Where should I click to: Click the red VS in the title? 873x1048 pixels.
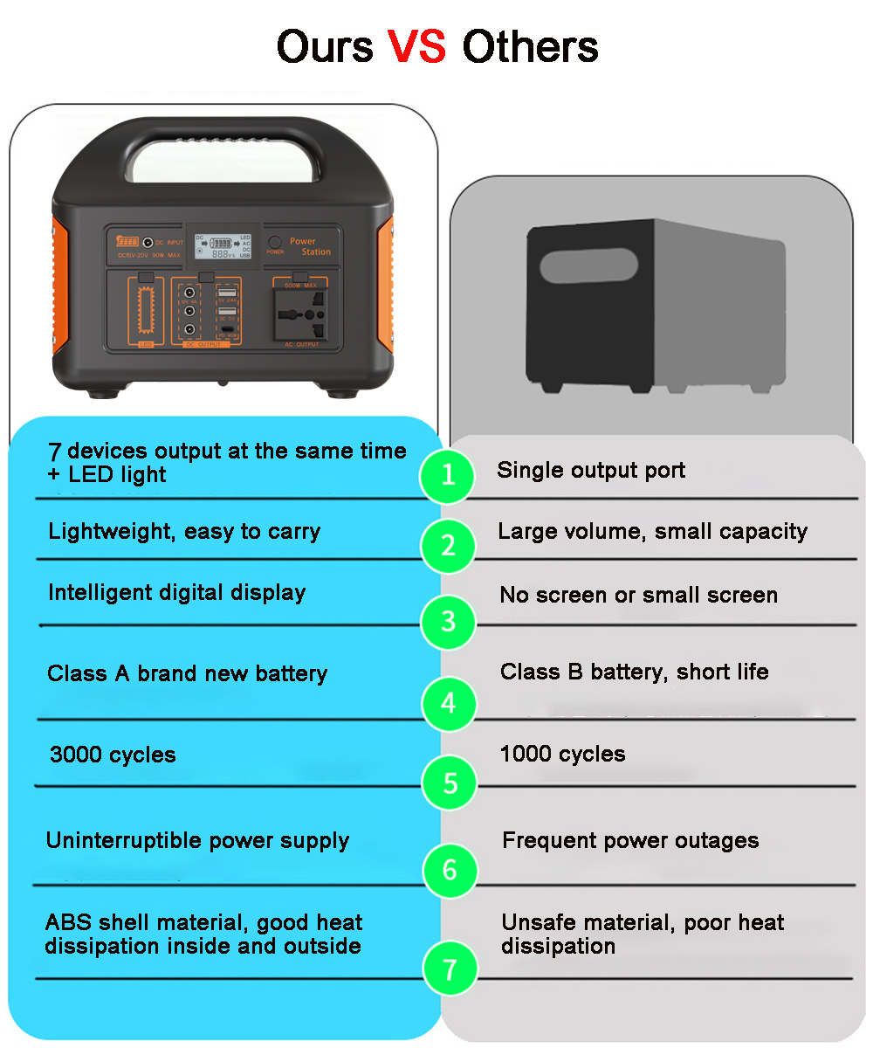click(x=416, y=45)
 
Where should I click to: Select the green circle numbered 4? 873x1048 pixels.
click(x=449, y=703)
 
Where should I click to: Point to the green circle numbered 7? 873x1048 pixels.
click(x=450, y=969)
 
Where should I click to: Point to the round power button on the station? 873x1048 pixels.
click(x=275, y=241)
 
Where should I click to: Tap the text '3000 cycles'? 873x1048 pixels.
click(x=113, y=755)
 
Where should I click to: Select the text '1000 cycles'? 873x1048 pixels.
click(x=562, y=754)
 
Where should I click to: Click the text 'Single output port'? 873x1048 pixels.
click(x=591, y=470)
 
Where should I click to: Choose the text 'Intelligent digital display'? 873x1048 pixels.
click(x=176, y=592)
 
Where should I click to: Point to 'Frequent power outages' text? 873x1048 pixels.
click(x=630, y=840)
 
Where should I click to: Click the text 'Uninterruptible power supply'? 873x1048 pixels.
click(x=197, y=840)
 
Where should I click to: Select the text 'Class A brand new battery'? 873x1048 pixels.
click(x=187, y=673)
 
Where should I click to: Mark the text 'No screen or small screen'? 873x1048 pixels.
click(x=638, y=595)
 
